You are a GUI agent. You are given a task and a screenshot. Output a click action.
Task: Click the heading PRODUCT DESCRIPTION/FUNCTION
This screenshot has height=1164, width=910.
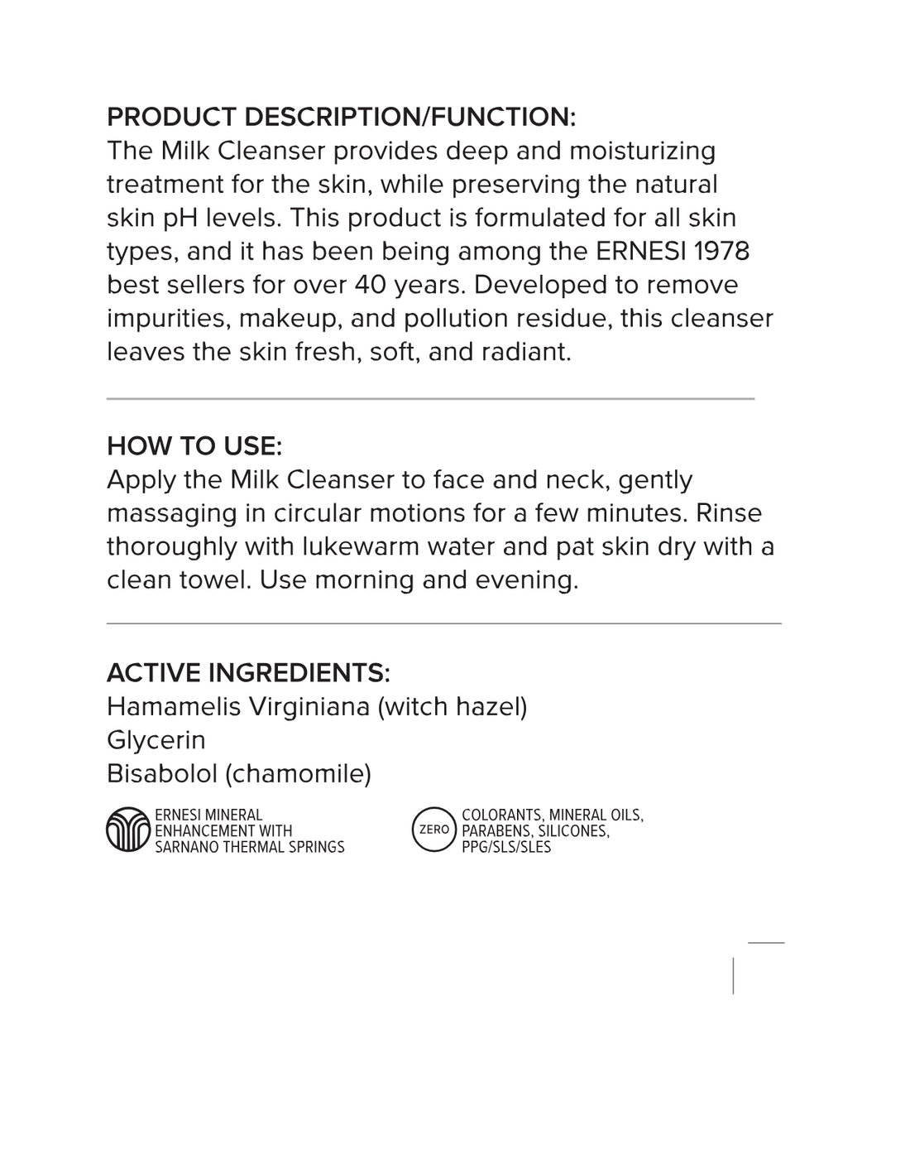341,117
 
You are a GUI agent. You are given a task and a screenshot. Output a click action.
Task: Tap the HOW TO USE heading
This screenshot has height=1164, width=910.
194,446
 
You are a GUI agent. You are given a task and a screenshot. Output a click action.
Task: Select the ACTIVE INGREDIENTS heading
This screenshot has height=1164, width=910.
248,673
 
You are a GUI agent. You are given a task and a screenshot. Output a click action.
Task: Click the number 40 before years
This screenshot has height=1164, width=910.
371,285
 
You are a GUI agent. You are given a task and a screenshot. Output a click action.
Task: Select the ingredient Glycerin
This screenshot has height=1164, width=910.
156,740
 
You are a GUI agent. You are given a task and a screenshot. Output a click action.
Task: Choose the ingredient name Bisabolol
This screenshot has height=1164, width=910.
161,774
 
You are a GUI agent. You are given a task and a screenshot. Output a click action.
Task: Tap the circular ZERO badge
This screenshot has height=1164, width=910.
434,830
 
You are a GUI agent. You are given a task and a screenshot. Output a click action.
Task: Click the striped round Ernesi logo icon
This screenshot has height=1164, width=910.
128,830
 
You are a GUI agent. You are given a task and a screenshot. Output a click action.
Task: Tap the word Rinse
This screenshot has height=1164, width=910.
729,513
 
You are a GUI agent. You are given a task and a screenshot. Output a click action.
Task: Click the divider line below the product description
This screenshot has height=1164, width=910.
430,399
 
